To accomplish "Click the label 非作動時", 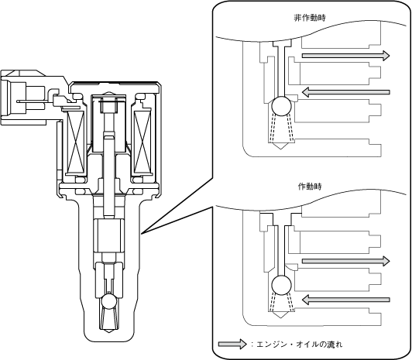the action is click(x=310, y=18).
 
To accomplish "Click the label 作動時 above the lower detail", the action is click(x=310, y=187).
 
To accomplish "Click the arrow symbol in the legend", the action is click(x=232, y=344).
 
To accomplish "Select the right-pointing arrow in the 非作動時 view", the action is click(x=345, y=56).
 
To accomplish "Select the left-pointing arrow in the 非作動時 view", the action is click(x=345, y=92).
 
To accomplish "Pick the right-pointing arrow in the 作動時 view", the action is click(x=345, y=261).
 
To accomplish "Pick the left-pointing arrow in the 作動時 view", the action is click(x=345, y=300).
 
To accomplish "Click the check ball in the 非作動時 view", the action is click(x=281, y=106).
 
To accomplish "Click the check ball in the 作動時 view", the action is click(x=281, y=285).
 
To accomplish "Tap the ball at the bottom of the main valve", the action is click(x=109, y=301).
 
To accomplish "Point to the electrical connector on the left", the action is click(x=25, y=98).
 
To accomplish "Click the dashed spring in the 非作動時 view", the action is click(x=281, y=127).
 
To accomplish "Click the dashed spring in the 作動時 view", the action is click(x=281, y=302).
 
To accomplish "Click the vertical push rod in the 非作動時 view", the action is click(x=281, y=71).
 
